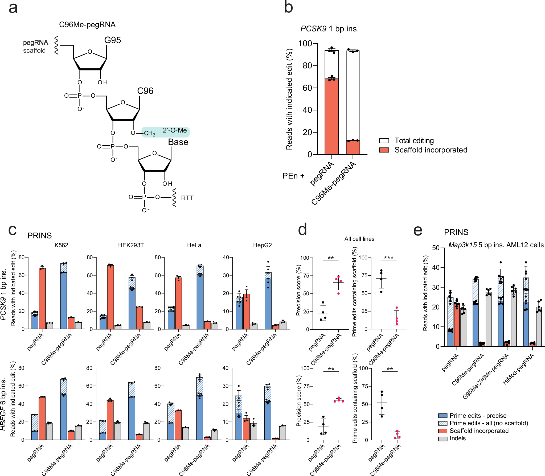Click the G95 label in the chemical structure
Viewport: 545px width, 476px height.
coord(112,40)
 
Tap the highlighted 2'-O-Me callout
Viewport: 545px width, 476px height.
coord(175,131)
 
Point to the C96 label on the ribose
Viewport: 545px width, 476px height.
coord(145,91)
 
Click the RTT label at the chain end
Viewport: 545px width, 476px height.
coord(187,198)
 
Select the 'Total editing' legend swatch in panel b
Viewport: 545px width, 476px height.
coord(384,141)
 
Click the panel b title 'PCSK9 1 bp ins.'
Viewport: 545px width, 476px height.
coord(329,29)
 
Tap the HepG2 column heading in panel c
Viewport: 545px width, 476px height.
coord(262,245)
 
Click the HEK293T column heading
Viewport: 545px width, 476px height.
coord(131,245)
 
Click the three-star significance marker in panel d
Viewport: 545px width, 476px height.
coord(388,257)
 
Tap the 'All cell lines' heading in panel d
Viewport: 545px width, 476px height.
coord(359,239)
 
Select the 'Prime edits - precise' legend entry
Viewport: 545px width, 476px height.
coord(478,416)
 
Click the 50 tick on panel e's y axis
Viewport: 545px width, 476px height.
coord(436,248)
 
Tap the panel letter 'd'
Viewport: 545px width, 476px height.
coord(302,229)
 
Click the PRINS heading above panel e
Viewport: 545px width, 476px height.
coord(456,232)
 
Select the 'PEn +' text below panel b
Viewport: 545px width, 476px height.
coord(293,176)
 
